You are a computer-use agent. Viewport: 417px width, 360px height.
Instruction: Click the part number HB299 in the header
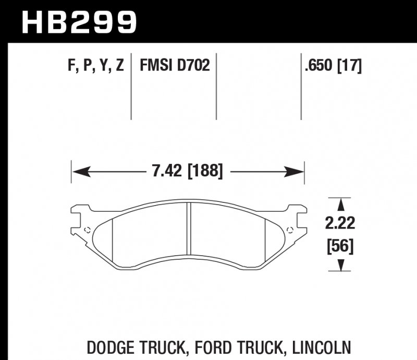click(78, 22)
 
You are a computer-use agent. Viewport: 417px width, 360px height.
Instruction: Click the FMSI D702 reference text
click(174, 66)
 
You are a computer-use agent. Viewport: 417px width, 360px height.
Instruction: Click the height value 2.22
click(340, 224)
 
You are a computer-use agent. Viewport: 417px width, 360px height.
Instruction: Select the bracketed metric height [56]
click(340, 245)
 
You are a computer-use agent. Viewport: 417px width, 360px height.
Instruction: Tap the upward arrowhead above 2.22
click(340, 204)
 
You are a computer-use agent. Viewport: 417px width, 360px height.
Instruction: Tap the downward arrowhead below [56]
click(340, 266)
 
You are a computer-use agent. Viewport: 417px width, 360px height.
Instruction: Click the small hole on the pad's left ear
click(87, 229)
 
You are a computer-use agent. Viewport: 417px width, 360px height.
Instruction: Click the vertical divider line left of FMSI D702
click(131, 86)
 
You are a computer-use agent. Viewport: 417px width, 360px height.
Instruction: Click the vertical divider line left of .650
click(301, 86)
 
